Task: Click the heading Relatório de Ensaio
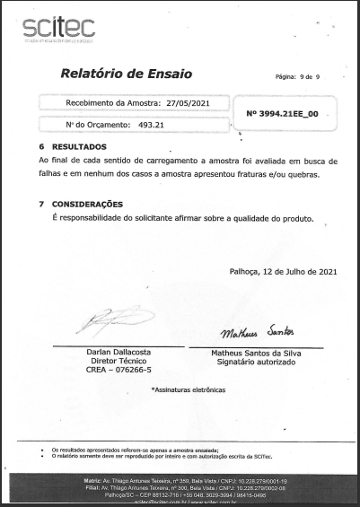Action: coord(126,73)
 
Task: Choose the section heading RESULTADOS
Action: coord(79,145)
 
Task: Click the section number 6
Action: coord(41,145)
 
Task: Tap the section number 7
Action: coord(41,205)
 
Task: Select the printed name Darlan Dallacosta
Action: coord(118,353)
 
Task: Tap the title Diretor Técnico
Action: coord(118,361)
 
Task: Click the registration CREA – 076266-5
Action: coord(118,370)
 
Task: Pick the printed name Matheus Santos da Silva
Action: coord(256,354)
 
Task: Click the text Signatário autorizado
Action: coord(256,362)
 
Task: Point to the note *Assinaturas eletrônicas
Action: coord(189,389)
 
